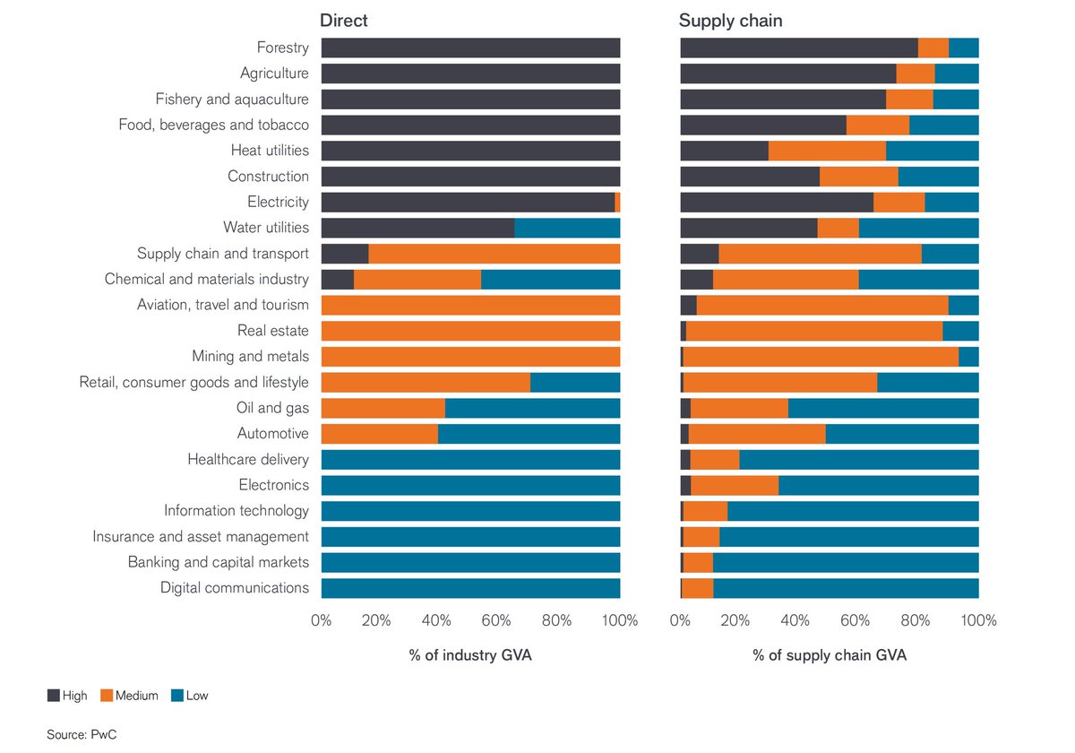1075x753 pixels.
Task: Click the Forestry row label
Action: click(x=283, y=48)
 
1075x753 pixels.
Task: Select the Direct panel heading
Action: click(x=344, y=20)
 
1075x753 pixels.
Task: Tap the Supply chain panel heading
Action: click(x=730, y=21)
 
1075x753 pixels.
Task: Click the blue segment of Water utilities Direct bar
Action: click(x=567, y=228)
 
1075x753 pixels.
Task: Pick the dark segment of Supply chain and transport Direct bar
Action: click(x=345, y=254)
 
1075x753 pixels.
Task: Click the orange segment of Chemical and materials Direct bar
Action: click(x=417, y=280)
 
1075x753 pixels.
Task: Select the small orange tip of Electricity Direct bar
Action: click(x=617, y=203)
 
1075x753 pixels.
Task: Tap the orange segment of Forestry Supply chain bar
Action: click(x=933, y=48)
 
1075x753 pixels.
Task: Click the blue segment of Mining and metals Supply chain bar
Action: click(x=968, y=357)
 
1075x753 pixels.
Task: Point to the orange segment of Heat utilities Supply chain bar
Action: click(x=828, y=151)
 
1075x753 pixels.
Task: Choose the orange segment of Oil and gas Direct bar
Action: click(x=383, y=408)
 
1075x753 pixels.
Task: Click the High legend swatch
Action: click(x=53, y=696)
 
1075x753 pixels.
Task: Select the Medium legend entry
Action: click(x=129, y=696)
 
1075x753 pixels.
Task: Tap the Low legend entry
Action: click(x=190, y=696)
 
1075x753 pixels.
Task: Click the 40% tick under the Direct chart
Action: click(x=436, y=620)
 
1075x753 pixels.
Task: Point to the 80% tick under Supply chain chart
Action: click(x=916, y=620)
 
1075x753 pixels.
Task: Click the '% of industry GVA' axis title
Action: click(x=470, y=655)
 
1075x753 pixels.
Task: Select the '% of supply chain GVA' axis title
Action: click(x=830, y=655)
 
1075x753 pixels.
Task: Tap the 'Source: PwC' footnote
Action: click(x=82, y=734)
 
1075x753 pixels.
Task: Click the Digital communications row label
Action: click(x=235, y=588)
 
